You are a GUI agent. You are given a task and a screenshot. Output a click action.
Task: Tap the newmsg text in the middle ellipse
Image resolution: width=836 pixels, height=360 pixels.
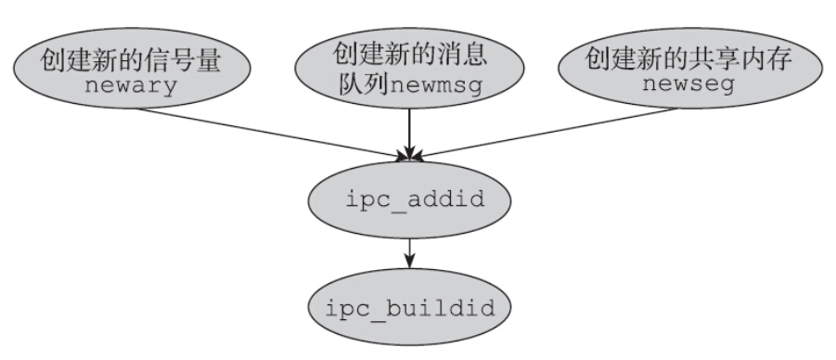439,91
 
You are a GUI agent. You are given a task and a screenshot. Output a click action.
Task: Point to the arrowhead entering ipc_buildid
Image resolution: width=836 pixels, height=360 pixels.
408,264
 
